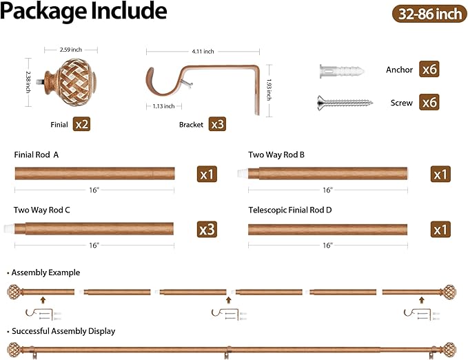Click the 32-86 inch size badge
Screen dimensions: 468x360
click(x=429, y=14)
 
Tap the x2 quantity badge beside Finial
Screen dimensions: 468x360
click(x=81, y=124)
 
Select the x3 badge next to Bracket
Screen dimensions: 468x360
click(x=217, y=124)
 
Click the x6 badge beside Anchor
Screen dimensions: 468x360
click(x=429, y=69)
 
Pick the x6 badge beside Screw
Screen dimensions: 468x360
click(x=429, y=102)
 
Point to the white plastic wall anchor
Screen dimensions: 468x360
click(x=342, y=72)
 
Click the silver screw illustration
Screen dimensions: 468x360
click(x=345, y=103)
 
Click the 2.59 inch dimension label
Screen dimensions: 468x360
click(x=71, y=50)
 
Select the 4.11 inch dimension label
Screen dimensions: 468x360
click(x=203, y=52)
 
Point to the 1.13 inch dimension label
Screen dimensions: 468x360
click(x=163, y=106)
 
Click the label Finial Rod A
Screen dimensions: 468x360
click(x=37, y=154)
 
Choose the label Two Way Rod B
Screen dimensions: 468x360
click(x=276, y=154)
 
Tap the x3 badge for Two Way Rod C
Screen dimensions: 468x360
click(x=207, y=230)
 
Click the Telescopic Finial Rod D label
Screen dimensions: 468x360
click(x=289, y=210)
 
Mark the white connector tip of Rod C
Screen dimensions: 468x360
click(x=9, y=228)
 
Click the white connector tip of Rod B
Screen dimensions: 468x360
click(x=243, y=174)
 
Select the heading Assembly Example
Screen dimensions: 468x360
click(x=45, y=272)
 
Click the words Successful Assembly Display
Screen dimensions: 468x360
click(x=63, y=331)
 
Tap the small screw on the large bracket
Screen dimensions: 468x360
click(x=187, y=85)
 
